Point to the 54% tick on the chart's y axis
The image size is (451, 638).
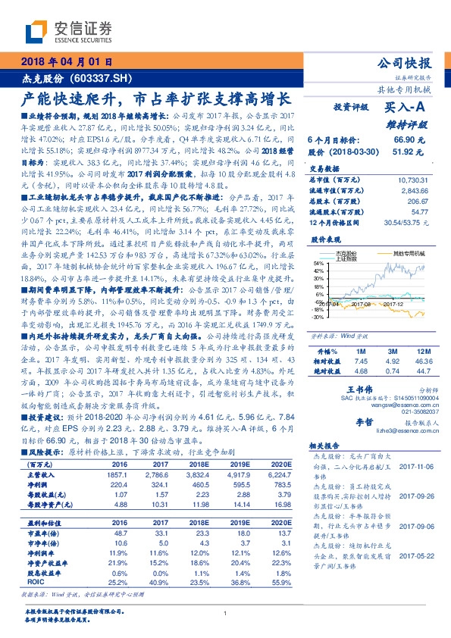click(x=315, y=261)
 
